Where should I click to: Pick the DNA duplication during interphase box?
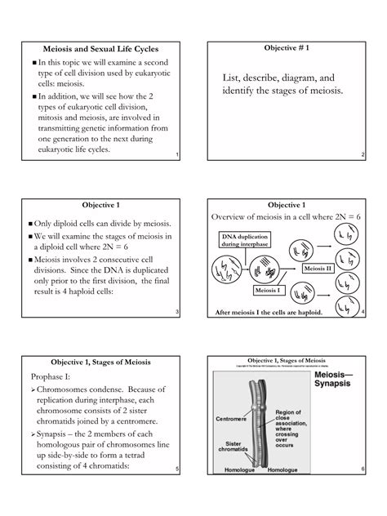(x=242, y=240)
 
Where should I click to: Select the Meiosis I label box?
(x=269, y=291)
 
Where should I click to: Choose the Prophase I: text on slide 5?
(x=54, y=378)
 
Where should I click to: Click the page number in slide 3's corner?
(x=177, y=314)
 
